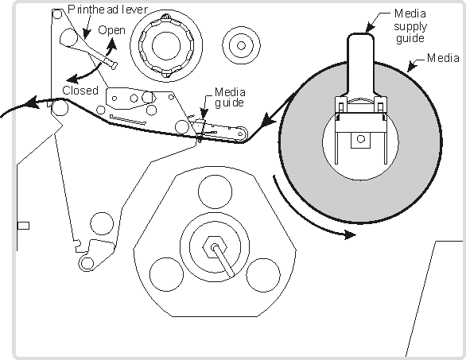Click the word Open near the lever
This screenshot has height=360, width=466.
(112, 30)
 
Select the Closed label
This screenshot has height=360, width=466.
(80, 91)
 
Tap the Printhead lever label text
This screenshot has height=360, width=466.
(107, 10)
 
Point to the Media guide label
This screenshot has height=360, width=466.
(230, 97)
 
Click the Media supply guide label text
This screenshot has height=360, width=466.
(410, 26)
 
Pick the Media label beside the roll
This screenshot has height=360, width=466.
(443, 58)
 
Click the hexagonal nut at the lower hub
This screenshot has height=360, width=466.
(215, 247)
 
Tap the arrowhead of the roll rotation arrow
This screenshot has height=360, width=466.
(350, 234)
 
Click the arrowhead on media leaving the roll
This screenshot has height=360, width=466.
(269, 119)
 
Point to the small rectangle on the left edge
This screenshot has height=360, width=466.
(23, 226)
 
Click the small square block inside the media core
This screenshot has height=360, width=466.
(360, 140)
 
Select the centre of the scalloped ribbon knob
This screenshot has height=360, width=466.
(166, 46)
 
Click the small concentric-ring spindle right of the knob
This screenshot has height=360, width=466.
(241, 45)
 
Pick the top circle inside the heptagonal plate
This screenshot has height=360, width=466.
(215, 192)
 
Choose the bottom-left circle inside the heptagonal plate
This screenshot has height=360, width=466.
(166, 274)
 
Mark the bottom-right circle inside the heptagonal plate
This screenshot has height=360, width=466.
(263, 275)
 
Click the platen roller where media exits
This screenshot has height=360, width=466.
(60, 108)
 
